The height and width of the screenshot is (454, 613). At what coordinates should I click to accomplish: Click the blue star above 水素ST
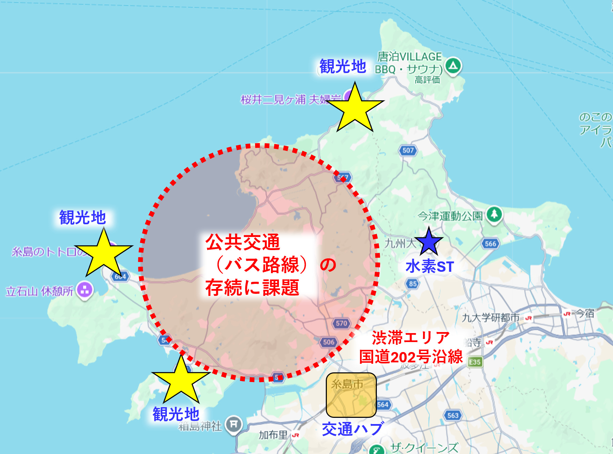pos(429,242)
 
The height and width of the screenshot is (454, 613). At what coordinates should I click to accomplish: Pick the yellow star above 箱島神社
pos(181,380)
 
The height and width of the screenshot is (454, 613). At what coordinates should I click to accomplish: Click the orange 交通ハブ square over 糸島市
pos(351,395)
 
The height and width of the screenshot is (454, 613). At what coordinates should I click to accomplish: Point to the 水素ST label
pos(430,267)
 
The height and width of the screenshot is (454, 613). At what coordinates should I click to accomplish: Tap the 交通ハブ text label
pos(352,429)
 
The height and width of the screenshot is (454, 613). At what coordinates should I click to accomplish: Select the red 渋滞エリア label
pos(410,338)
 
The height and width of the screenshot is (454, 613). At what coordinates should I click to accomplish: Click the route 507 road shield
pos(408,150)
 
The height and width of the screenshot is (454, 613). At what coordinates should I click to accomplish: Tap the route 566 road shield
pos(490,244)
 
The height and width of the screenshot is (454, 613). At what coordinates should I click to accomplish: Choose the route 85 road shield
pos(413,284)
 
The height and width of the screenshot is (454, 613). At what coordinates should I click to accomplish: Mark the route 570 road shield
pos(341,323)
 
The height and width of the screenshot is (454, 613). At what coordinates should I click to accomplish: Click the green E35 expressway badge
pos(475,362)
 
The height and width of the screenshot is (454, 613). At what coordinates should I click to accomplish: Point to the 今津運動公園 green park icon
pos(494,215)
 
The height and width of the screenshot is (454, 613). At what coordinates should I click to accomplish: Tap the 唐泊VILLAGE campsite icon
pos(453,65)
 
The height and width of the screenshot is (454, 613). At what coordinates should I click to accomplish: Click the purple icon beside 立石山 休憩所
pos(85,290)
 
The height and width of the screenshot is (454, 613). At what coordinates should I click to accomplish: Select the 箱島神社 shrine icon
pos(234,424)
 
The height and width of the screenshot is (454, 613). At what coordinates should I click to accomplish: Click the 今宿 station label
pos(585,313)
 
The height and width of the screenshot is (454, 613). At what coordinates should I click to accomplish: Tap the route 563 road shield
pos(453,415)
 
